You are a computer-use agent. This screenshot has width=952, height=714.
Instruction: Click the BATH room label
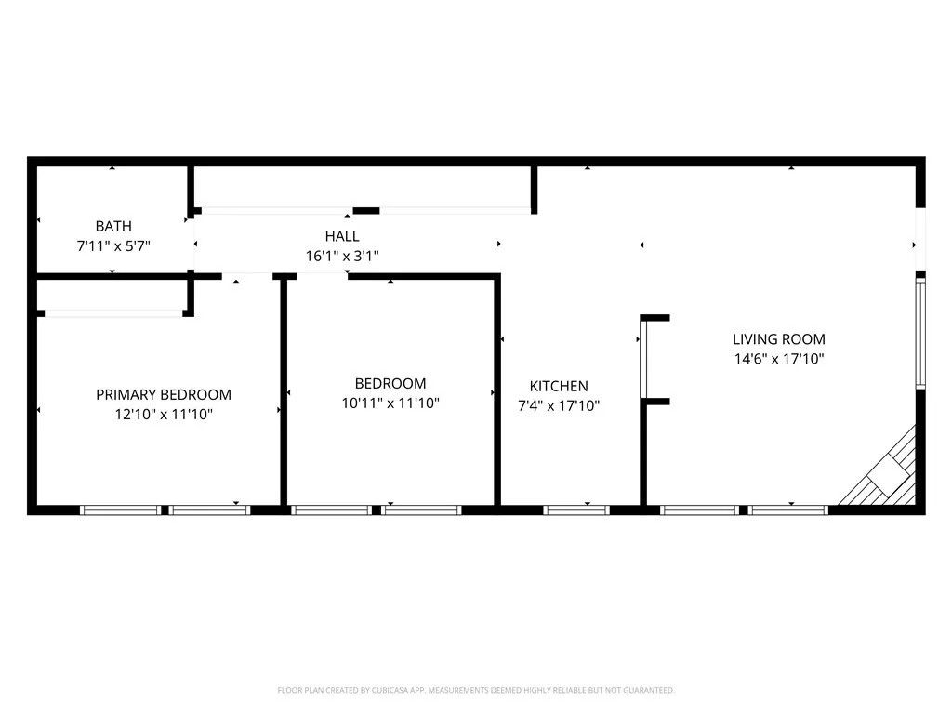[x=113, y=226]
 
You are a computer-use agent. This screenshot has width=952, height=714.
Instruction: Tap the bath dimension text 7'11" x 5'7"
[x=113, y=246]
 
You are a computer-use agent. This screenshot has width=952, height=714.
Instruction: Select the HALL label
[x=342, y=236]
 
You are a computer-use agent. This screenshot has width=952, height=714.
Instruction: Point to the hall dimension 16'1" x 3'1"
[x=342, y=256]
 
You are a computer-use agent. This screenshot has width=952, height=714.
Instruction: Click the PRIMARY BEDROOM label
[x=164, y=394]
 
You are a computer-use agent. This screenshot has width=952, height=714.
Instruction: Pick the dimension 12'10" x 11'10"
[x=164, y=415]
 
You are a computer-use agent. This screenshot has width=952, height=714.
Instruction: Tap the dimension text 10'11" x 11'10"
[x=390, y=403]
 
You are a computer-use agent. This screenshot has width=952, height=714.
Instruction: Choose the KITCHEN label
[x=559, y=386]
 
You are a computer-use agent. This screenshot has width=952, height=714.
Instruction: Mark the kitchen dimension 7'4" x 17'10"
[x=559, y=405]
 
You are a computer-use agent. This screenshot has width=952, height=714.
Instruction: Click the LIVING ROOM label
[x=779, y=339]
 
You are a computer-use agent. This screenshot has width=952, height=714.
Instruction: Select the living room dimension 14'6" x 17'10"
[x=779, y=359]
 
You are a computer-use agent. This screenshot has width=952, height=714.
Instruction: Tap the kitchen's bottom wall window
[x=576, y=509]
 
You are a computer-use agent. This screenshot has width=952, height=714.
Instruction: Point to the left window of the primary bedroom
[x=121, y=509]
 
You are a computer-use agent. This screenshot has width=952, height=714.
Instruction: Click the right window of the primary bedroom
[x=210, y=509]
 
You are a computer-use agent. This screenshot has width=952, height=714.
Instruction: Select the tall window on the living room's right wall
[x=920, y=333]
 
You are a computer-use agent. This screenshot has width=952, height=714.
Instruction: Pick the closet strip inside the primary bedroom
[x=112, y=313]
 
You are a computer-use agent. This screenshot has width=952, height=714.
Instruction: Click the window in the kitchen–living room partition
[x=642, y=360]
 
